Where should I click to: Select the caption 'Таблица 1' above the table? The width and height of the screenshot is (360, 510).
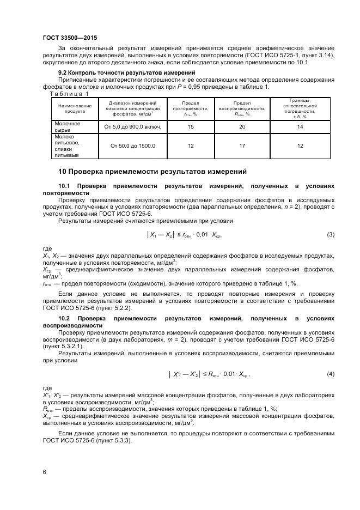pos(69,94)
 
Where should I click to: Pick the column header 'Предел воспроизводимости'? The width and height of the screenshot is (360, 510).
pos(242,108)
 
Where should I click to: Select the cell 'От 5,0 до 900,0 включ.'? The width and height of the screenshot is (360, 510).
pos(133,127)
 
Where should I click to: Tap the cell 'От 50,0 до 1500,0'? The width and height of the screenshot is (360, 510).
pos(133,146)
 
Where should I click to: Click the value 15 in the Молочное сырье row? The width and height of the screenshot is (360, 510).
pos(191,127)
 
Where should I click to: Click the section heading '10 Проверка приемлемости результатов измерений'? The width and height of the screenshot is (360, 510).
pos(152,171)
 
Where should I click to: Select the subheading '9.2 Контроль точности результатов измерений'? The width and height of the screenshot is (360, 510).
pos(126,72)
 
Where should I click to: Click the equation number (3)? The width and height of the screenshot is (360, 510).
pos(330,235)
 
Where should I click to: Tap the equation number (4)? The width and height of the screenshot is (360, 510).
pos(330,374)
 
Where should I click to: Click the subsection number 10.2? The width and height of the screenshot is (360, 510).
pos(64,318)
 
